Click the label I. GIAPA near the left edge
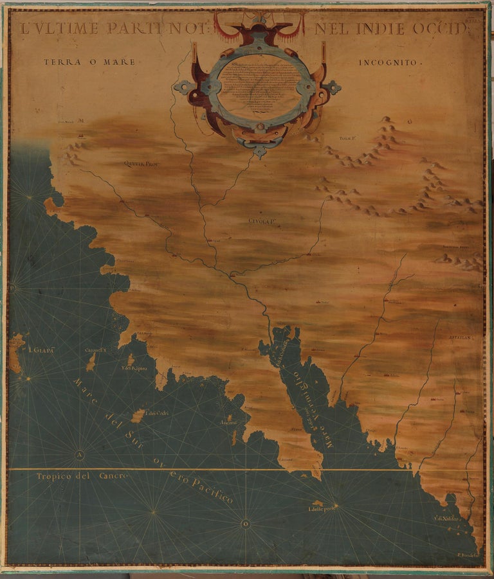[x=39, y=350]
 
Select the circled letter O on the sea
[x=245, y=524]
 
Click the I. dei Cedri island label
[x=156, y=413]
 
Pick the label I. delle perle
[x=321, y=510]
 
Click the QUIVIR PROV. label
[x=141, y=164]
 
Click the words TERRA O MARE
[x=89, y=62]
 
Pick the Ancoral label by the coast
[x=230, y=423]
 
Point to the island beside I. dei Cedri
[x=138, y=416]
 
